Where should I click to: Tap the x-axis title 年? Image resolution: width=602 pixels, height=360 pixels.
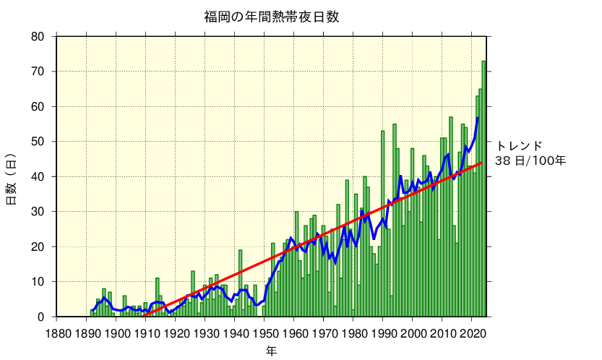(x=271, y=351)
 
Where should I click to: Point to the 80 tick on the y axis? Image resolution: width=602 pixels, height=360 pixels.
(x=37, y=37)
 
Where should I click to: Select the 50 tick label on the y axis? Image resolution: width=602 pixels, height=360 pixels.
(x=37, y=142)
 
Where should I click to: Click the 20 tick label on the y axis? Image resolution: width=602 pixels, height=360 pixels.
(x=37, y=247)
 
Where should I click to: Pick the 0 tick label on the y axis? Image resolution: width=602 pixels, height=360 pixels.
(x=40, y=317)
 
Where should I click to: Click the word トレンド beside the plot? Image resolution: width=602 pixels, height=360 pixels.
(x=519, y=145)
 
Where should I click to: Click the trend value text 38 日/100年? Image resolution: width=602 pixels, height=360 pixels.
(x=530, y=160)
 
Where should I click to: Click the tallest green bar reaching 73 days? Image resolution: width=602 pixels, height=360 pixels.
(x=483, y=188)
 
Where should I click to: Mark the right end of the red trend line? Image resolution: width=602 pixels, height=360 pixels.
(x=481, y=163)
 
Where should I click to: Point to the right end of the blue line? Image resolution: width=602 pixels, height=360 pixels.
(x=478, y=118)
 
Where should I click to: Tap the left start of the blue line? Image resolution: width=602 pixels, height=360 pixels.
(x=92, y=310)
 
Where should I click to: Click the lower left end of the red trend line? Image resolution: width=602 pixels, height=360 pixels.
(x=143, y=316)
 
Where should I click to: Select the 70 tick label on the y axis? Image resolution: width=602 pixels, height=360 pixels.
(x=37, y=72)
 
